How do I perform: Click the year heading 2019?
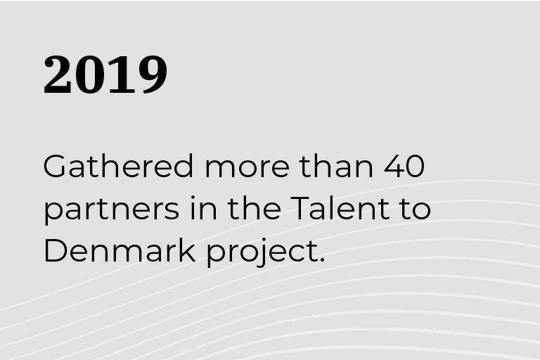[x=105, y=75]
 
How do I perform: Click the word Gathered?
[x=118, y=166]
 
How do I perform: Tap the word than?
[x=336, y=166]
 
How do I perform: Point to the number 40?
[x=404, y=167]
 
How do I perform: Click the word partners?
[x=112, y=210]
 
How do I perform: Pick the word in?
[x=203, y=207]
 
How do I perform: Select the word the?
[x=254, y=207]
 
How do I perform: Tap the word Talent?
[x=340, y=207]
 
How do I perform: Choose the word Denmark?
[x=120, y=250]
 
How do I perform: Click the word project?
[x=262, y=252]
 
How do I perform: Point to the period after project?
[x=322, y=259]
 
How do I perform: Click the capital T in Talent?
[x=301, y=207]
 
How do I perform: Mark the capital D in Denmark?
[x=55, y=250]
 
